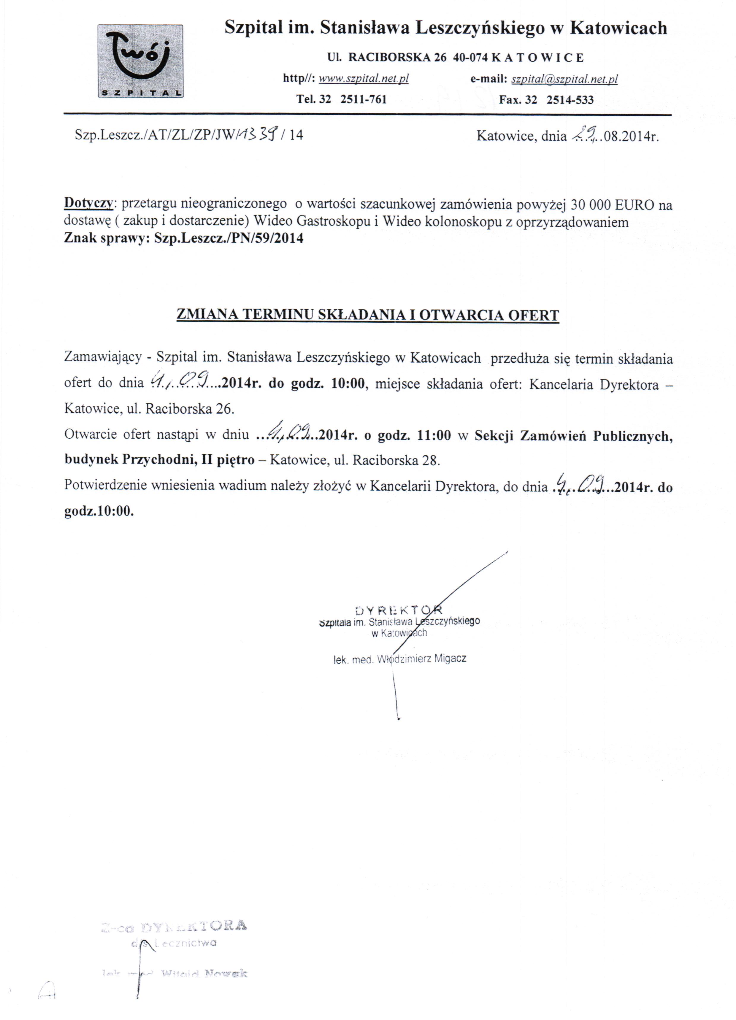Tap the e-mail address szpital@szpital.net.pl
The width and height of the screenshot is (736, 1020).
564,80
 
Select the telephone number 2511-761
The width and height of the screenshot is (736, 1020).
364,99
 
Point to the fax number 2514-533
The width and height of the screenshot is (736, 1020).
570,100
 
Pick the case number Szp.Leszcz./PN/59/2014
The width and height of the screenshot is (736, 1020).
229,238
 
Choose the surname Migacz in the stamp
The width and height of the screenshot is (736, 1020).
450,659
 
